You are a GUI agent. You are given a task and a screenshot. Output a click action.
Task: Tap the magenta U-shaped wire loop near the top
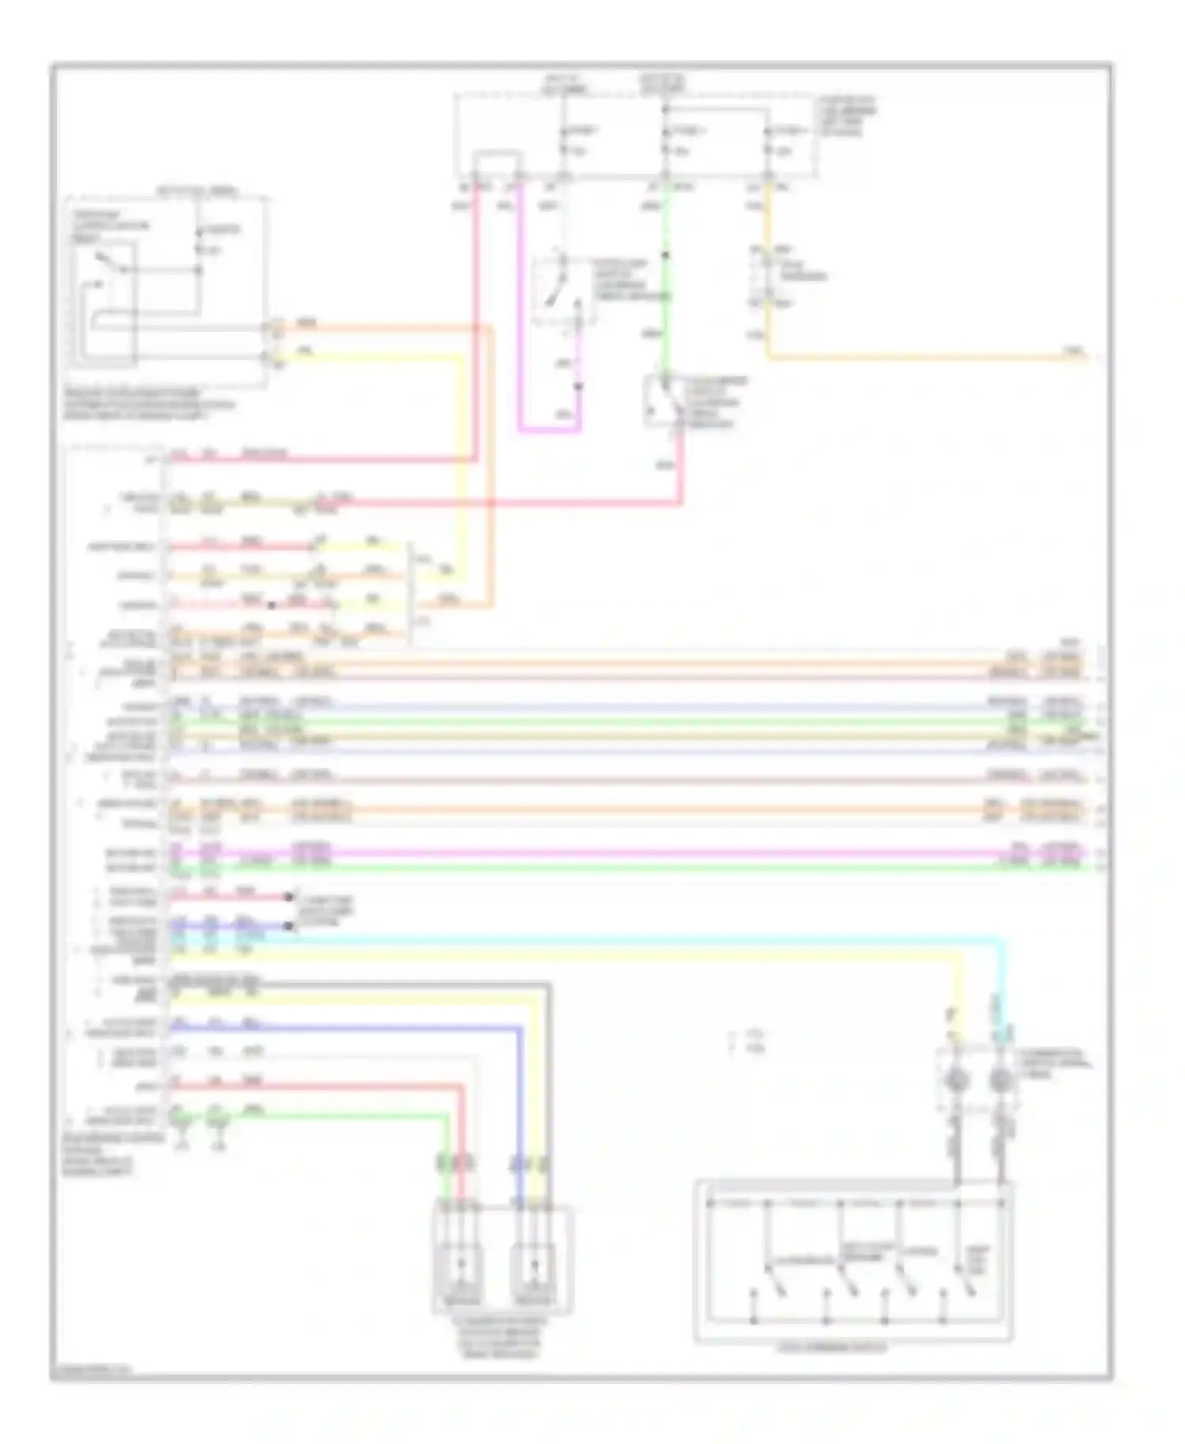tap(548, 431)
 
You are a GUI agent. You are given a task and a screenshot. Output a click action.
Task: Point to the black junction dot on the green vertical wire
tap(666, 255)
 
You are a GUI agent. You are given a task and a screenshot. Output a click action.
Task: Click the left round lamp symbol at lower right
tap(956, 1081)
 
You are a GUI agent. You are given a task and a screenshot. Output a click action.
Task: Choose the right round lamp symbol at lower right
tap(1001, 1081)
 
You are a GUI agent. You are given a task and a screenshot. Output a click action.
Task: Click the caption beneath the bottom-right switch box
tap(833, 1348)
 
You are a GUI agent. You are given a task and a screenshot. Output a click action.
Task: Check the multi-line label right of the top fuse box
tap(848, 116)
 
